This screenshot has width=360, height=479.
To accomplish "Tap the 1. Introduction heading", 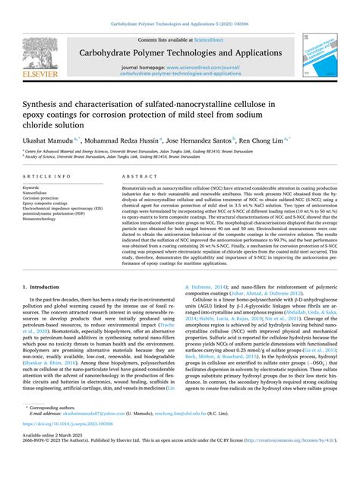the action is coord(48,266).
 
